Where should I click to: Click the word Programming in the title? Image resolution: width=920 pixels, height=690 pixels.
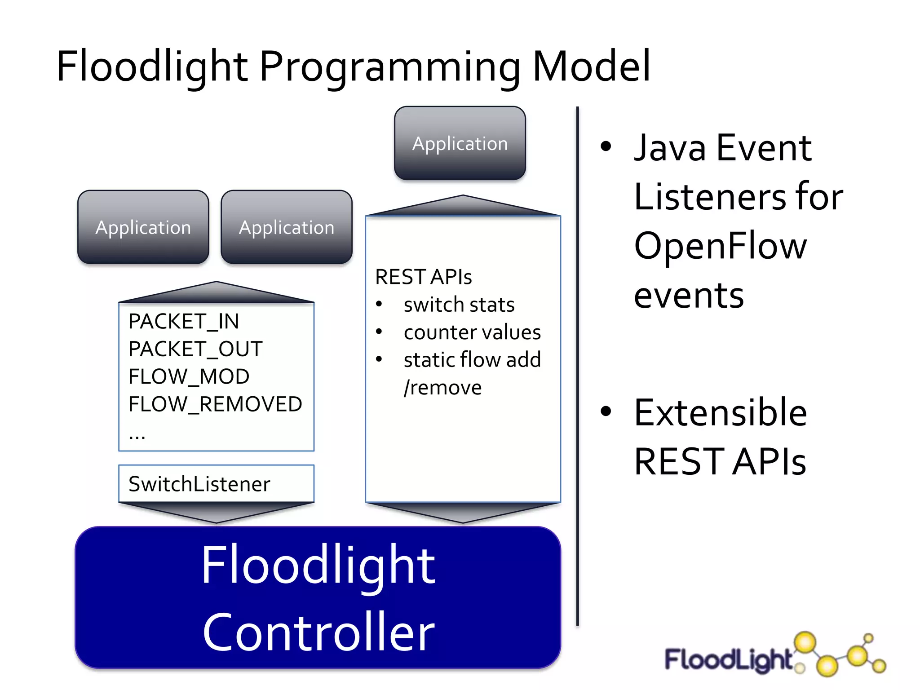tap(389, 67)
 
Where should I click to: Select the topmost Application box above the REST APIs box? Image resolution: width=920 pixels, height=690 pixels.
tap(460, 143)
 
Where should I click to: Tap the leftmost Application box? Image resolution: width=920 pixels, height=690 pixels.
tap(143, 227)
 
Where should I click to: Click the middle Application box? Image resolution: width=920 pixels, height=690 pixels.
tap(287, 227)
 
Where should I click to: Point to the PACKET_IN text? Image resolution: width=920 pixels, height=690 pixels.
tap(183, 322)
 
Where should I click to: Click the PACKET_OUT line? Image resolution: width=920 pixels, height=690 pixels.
tap(195, 349)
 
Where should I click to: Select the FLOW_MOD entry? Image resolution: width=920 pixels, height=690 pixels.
tap(189, 376)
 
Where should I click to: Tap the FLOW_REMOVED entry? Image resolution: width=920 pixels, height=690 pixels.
tap(215, 404)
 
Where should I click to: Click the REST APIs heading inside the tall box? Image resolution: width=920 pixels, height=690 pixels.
tap(423, 277)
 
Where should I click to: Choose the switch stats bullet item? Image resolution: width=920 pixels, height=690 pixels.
tap(459, 305)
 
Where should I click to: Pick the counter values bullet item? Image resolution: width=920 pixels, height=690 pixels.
tap(472, 332)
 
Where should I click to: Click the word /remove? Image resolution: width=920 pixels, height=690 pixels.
tap(442, 388)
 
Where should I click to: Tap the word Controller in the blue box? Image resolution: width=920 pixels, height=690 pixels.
tap(318, 632)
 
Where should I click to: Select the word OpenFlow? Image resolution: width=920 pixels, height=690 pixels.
tap(720, 246)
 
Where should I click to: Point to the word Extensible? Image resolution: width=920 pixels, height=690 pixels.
tap(720, 413)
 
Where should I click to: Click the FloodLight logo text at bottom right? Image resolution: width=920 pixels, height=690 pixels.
tap(728, 660)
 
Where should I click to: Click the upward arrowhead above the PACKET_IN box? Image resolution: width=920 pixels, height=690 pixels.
tap(216, 292)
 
